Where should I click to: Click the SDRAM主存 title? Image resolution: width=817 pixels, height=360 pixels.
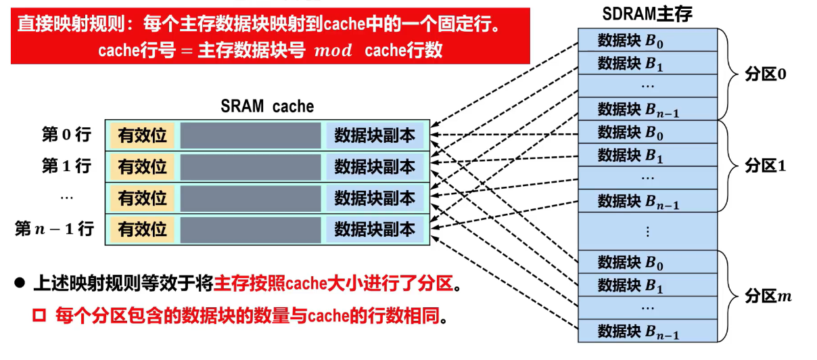(x=647, y=14)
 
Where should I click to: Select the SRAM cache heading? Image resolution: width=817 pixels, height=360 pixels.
(x=267, y=106)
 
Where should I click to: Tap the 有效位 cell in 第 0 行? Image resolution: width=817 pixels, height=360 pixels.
(x=143, y=135)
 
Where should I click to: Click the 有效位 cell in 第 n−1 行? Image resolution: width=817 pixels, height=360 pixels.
(x=143, y=229)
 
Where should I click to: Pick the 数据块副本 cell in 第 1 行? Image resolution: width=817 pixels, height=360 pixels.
(x=375, y=166)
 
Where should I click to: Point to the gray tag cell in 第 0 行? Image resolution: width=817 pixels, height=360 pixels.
(x=250, y=135)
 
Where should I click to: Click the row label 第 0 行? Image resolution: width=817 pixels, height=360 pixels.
(x=66, y=135)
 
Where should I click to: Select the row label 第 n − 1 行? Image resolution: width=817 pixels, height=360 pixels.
(x=54, y=229)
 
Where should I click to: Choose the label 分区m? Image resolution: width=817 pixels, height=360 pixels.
(x=768, y=296)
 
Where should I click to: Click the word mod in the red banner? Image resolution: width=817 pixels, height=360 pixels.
(x=333, y=51)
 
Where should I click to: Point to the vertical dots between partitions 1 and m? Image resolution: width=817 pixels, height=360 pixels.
(x=647, y=231)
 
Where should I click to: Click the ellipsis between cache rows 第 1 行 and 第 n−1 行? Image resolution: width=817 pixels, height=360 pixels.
(x=66, y=197)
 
